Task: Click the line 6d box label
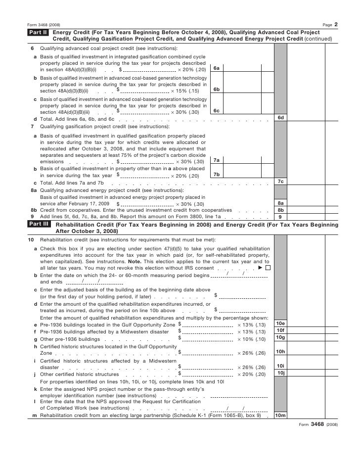(x=280, y=117)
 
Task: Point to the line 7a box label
(x=216, y=160)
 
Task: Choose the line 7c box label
(x=280, y=182)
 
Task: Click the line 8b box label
(x=280, y=210)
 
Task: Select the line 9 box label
(x=280, y=216)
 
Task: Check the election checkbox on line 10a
(x=268, y=268)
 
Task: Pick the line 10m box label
(x=280, y=416)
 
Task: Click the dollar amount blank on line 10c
(x=242, y=296)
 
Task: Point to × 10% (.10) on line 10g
(x=251, y=339)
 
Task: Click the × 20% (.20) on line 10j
(x=251, y=374)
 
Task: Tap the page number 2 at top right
(x=336, y=24)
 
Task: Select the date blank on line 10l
(x=235, y=408)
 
